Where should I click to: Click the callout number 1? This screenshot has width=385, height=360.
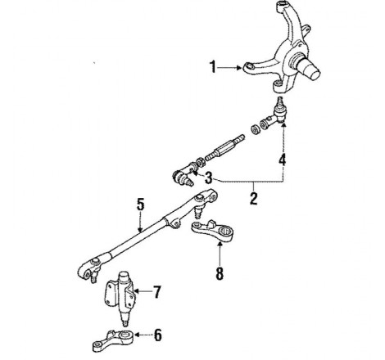tap(213, 67)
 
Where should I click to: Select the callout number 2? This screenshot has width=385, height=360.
tap(254, 198)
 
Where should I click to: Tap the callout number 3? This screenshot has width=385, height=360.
tap(208, 178)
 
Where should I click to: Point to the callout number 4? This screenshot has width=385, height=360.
tap(283, 160)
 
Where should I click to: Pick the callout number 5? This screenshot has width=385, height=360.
tap(140, 205)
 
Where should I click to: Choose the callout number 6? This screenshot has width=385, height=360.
tap(158, 335)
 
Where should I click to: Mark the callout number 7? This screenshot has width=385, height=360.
tap(156, 292)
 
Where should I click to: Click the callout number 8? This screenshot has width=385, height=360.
tap(220, 273)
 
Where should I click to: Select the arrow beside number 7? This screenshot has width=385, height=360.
tap(143, 291)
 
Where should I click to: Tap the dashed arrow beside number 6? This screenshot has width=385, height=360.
tap(143, 335)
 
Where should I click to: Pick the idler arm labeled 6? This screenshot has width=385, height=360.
tap(113, 340)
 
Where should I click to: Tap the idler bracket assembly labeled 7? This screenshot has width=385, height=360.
tap(121, 297)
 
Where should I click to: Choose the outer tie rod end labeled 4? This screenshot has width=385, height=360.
tap(273, 114)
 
